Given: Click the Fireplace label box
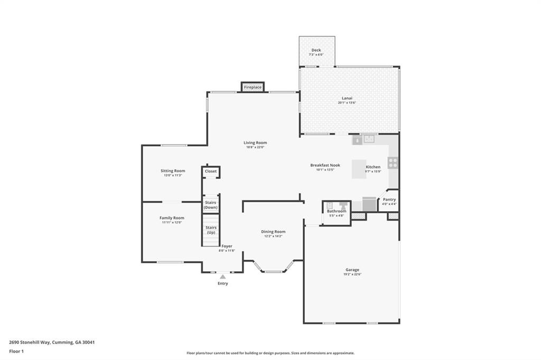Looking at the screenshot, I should coord(253,87).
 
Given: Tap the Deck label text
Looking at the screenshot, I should coord(316,50).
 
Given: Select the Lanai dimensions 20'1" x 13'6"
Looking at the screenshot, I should coord(347,102).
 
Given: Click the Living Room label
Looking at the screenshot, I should coord(255,143).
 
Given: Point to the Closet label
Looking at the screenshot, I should coord(211,172).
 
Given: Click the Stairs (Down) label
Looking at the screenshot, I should coord(211,205).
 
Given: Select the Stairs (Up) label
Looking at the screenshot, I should coord(211,230).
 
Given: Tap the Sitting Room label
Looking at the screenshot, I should coord(173,170).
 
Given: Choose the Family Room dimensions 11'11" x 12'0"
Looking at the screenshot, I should coord(172,223).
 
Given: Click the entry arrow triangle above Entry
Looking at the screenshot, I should coord(223,276).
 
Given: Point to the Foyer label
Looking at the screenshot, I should coord(227,246).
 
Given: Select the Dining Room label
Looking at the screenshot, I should coord(273,232).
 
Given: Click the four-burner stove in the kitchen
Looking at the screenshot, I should coord(393,163).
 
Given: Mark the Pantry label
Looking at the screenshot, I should coord(389,200).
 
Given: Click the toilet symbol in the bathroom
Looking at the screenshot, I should coord(330,205).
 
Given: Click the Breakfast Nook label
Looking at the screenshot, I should coord(325,165).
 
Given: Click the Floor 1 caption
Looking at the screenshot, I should coord(16,351).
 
